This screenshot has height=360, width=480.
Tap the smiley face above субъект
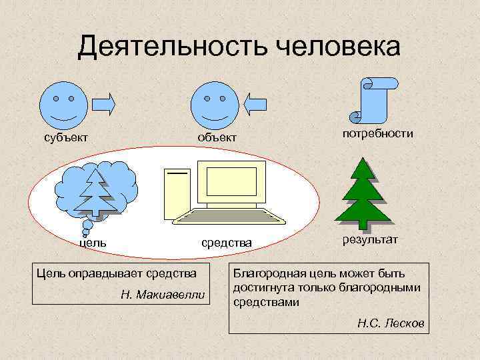64,105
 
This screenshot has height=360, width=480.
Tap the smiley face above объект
214,105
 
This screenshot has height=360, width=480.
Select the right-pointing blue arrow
104,104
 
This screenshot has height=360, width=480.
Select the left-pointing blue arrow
255,104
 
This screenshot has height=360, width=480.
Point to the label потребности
377,134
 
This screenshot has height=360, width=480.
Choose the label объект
215,138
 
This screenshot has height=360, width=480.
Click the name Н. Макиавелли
164,294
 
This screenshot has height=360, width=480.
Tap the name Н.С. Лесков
390,324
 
